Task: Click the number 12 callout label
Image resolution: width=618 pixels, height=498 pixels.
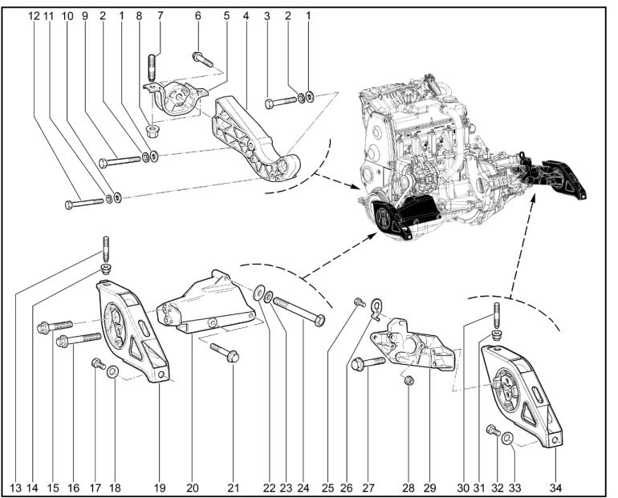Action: [x=35, y=14]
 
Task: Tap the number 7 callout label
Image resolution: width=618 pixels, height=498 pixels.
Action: [x=159, y=14]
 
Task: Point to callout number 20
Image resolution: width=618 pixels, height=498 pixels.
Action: [x=192, y=485]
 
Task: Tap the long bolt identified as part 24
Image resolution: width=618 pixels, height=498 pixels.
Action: [x=299, y=310]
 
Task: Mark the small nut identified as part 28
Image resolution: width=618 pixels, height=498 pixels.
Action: [x=408, y=379]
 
